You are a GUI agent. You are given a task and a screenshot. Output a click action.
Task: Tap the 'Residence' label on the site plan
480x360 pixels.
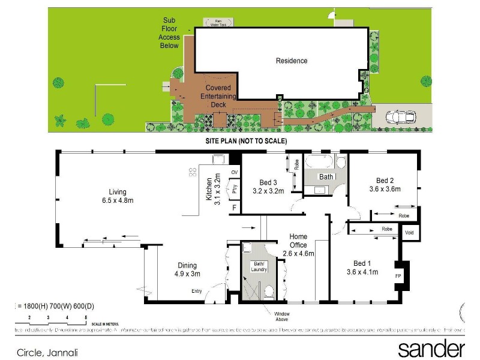click(x=292, y=61)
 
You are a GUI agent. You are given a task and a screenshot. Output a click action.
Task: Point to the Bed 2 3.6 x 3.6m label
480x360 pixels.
click(x=384, y=185)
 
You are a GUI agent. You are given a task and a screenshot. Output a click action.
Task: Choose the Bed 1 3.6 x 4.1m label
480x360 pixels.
click(x=362, y=268)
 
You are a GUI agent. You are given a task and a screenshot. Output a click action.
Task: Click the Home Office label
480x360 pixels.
click(x=298, y=245)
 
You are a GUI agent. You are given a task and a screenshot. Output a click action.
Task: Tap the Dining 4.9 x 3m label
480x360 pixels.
click(x=187, y=269)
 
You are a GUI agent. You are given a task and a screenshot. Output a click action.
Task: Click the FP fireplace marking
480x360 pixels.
click(x=398, y=276)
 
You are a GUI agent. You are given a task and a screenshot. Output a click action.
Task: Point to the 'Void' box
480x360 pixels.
click(x=409, y=232)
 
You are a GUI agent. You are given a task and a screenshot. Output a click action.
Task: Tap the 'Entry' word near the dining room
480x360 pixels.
click(x=197, y=291)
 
